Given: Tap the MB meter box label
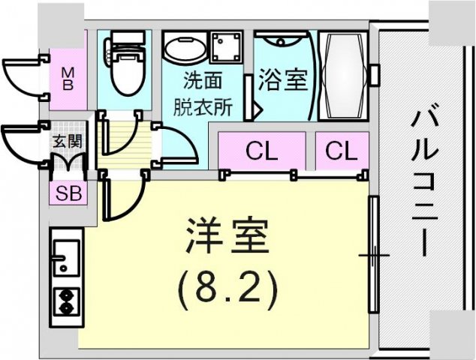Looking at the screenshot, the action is click(68, 79).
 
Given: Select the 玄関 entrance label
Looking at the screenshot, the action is click(68, 141).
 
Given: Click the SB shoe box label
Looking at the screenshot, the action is click(69, 193).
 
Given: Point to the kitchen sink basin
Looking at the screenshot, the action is click(67, 257).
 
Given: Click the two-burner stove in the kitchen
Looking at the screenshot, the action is click(66, 301).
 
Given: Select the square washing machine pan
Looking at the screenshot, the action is click(227, 46).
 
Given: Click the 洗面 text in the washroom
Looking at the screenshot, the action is click(203, 80).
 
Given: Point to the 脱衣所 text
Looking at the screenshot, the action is click(203, 107).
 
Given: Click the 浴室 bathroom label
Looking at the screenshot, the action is click(282, 80).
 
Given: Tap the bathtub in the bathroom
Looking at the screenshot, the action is click(343, 76).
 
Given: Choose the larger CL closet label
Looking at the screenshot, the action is click(262, 151).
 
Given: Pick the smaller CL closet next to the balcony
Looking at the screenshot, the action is click(342, 151).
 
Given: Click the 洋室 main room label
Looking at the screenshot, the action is click(227, 235).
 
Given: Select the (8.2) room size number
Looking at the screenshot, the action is click(227, 285).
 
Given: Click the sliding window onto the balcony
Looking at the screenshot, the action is click(373, 255).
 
